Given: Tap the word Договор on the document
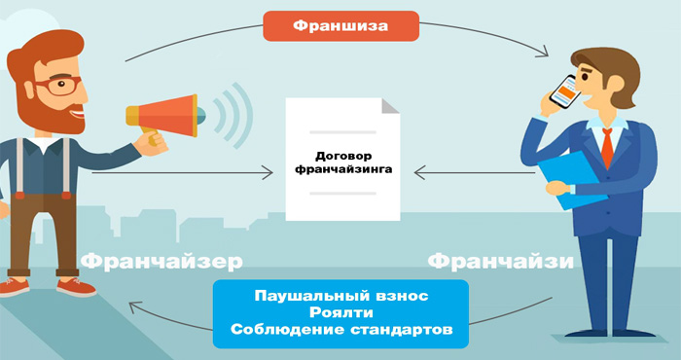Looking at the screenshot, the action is click(340, 155).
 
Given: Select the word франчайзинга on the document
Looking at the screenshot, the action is click(340, 169).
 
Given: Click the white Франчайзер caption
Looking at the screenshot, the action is click(161, 262).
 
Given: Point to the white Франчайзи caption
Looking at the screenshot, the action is click(500, 262).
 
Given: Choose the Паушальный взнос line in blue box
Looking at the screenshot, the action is click(340, 294).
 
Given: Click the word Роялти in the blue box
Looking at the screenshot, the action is click(340, 312).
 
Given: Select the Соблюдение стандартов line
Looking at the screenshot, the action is click(340, 331).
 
